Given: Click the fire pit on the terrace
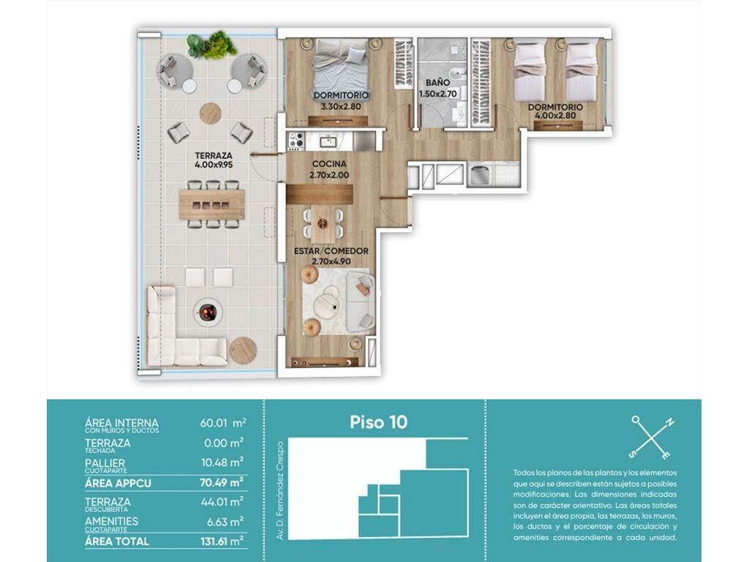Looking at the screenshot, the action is click(x=208, y=312).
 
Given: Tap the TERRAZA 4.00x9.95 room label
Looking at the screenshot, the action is click(x=214, y=160).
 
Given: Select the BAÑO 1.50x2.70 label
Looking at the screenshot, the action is click(x=438, y=89).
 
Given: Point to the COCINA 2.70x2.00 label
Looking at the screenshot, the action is click(x=329, y=170).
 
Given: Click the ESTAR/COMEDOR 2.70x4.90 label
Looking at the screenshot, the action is click(x=331, y=256).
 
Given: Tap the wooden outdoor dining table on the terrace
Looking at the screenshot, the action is click(x=212, y=205).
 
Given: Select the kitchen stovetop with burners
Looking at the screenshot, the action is click(x=296, y=141).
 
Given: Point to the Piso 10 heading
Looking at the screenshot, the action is click(x=378, y=422).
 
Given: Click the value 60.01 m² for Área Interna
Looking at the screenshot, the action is click(x=223, y=423).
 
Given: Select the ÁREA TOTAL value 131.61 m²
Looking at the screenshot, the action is click(x=222, y=542).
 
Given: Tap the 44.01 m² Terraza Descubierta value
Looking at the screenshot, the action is click(x=222, y=502).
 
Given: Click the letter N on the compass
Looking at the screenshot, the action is click(x=670, y=422).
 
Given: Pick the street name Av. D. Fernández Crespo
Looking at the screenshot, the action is click(x=280, y=490).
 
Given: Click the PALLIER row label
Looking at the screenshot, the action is click(x=105, y=463).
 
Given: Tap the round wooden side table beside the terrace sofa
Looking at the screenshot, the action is click(x=244, y=351).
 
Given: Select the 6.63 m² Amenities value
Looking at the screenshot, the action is click(x=225, y=522).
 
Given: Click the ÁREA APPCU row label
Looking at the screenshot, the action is click(x=118, y=483).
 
